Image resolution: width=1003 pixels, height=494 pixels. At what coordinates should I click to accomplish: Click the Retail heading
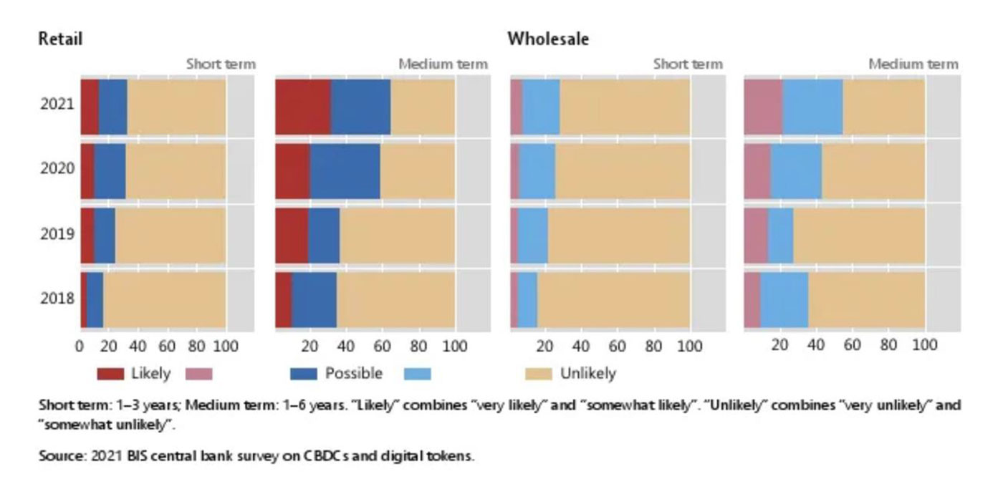point(60,39)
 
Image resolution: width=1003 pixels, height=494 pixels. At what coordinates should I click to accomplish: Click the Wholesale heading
point(548,39)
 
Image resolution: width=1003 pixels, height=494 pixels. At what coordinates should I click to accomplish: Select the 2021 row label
point(57,104)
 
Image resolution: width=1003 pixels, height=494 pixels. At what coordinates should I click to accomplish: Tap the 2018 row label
point(57,297)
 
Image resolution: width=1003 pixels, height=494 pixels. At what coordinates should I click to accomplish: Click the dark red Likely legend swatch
point(111,374)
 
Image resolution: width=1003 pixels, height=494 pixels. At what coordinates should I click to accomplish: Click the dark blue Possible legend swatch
point(304,374)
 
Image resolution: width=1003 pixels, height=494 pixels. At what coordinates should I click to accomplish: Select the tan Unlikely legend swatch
point(539,374)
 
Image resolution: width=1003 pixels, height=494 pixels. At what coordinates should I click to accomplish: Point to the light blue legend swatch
point(418,374)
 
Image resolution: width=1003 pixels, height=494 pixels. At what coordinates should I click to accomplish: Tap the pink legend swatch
point(199,374)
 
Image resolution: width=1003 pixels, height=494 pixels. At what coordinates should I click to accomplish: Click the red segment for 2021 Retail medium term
point(303,106)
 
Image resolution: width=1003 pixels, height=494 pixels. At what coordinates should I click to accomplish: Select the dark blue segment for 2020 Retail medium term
point(345,170)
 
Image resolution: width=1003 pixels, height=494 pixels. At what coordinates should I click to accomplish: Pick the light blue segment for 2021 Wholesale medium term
point(812,106)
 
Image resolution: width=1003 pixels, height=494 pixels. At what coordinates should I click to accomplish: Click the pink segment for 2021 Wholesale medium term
point(763,106)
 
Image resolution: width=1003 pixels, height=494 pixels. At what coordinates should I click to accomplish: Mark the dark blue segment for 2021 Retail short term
point(112,106)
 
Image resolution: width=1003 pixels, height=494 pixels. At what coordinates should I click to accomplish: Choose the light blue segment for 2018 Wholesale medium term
point(784,299)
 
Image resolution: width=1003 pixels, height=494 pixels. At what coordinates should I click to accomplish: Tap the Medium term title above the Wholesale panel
point(913,64)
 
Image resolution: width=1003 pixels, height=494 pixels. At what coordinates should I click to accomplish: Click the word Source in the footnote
point(62,455)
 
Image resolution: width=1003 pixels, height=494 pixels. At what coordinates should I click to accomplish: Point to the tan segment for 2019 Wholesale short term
point(618,235)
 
